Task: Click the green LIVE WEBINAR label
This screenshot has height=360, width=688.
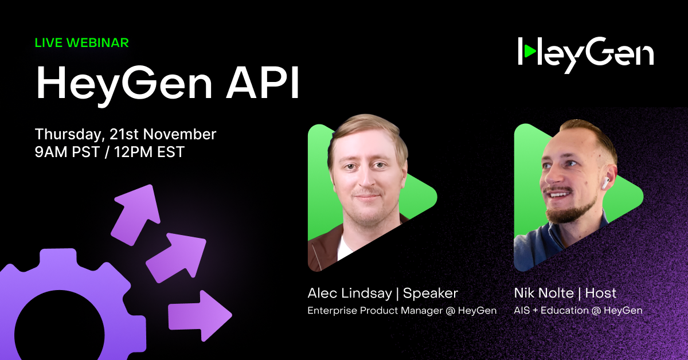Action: [x=81, y=42]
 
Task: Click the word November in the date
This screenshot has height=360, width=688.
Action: [x=179, y=134]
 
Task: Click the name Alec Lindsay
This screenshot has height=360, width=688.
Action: [x=349, y=294]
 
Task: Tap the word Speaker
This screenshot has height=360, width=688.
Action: [x=431, y=294]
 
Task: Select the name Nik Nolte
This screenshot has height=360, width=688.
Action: [x=544, y=293]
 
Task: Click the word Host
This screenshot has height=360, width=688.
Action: [x=601, y=293]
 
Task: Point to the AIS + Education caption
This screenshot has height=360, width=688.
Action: [x=578, y=310]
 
